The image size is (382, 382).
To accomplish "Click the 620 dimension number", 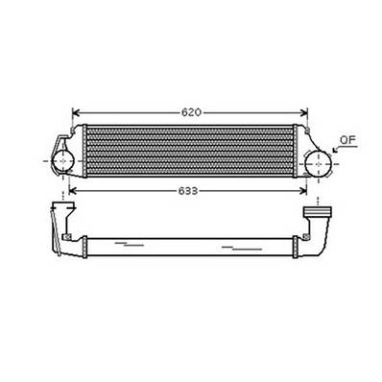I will [x=191, y=112].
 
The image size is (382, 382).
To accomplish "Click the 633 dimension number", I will [x=188, y=191].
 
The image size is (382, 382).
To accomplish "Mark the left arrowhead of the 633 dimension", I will [x=67, y=191].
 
